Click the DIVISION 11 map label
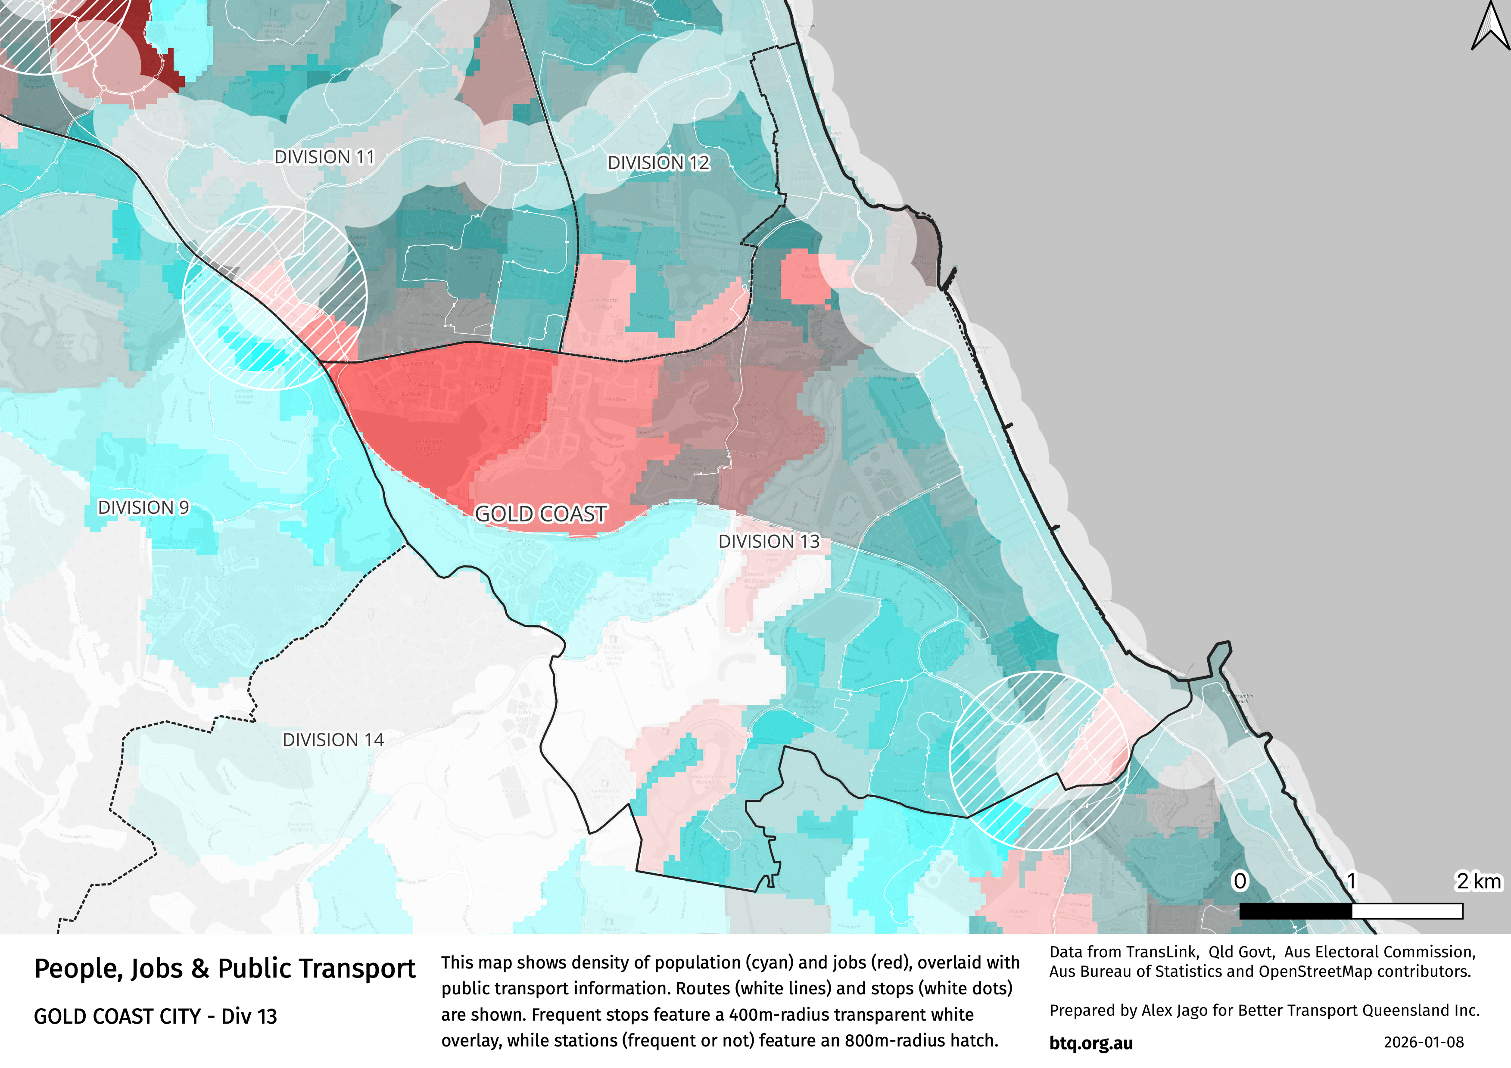pyautogui.click(x=324, y=157)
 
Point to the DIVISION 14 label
pyautogui.click(x=333, y=740)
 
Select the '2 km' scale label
pyautogui.click(x=1478, y=881)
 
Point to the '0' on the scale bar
pyautogui.click(x=1240, y=881)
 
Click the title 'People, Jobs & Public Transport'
pyautogui.click(x=224, y=969)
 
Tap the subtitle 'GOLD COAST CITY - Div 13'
pyautogui.click(x=155, y=1017)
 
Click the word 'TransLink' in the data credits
pyautogui.click(x=1162, y=952)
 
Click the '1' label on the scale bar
pyautogui.click(x=1351, y=881)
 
